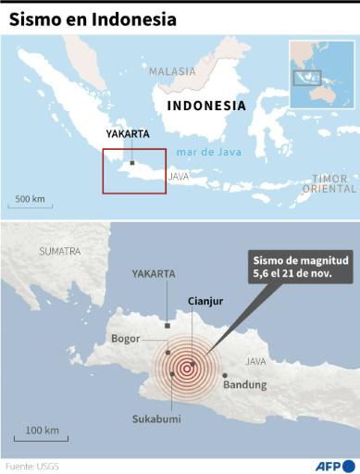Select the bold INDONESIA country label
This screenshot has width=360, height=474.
point(205,106)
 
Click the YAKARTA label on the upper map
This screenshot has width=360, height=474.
point(128,133)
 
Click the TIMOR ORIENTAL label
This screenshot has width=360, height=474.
point(329,183)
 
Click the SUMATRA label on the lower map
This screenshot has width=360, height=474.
point(60,251)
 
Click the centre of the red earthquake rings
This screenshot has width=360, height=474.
point(189,365)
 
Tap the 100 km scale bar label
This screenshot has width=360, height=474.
point(42,430)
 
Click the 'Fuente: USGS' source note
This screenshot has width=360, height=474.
point(32,466)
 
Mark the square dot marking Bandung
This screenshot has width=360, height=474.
point(225,375)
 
